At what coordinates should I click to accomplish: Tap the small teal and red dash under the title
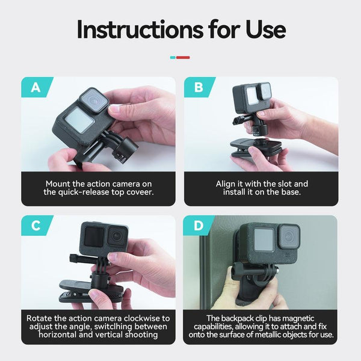pos(180,58)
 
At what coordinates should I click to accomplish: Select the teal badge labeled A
pos(36,88)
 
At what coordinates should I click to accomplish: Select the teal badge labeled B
pos(199,88)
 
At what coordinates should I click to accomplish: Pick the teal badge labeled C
pos(36,226)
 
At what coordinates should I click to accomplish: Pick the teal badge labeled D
pos(199,226)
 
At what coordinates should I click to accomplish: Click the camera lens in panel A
pos(93,99)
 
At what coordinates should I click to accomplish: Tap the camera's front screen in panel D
pos(262,241)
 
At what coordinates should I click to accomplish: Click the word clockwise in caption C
pos(140,318)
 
